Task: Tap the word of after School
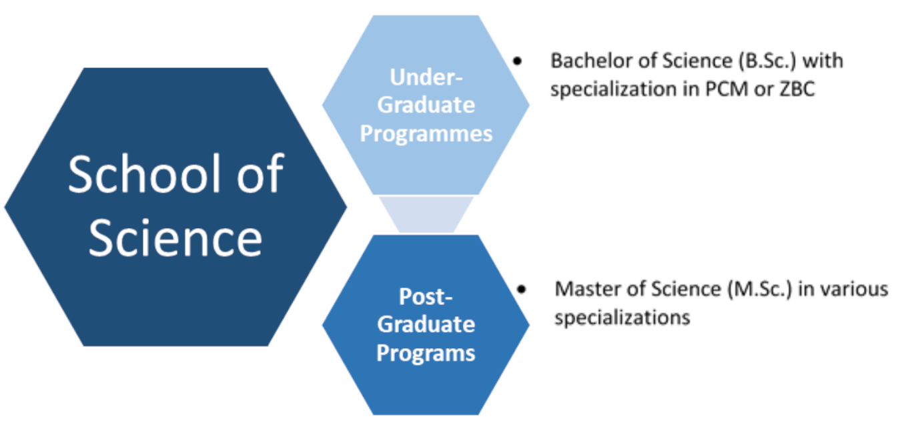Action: pos(261,174)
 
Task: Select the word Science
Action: pos(175,238)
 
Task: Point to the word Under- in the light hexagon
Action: pos(426,77)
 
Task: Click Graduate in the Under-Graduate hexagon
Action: pos(426,105)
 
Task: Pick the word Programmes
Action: pos(426,133)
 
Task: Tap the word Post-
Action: pos(426,296)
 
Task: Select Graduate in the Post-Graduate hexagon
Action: pos(426,324)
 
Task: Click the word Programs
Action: pos(426,352)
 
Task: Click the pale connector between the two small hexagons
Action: pos(426,214)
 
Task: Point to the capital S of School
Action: pos(80,174)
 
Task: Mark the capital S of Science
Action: pos(101,238)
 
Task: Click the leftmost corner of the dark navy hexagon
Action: pos(4,206)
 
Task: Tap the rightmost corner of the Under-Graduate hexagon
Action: pos(532,105)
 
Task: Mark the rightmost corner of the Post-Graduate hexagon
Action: pos(532,325)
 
